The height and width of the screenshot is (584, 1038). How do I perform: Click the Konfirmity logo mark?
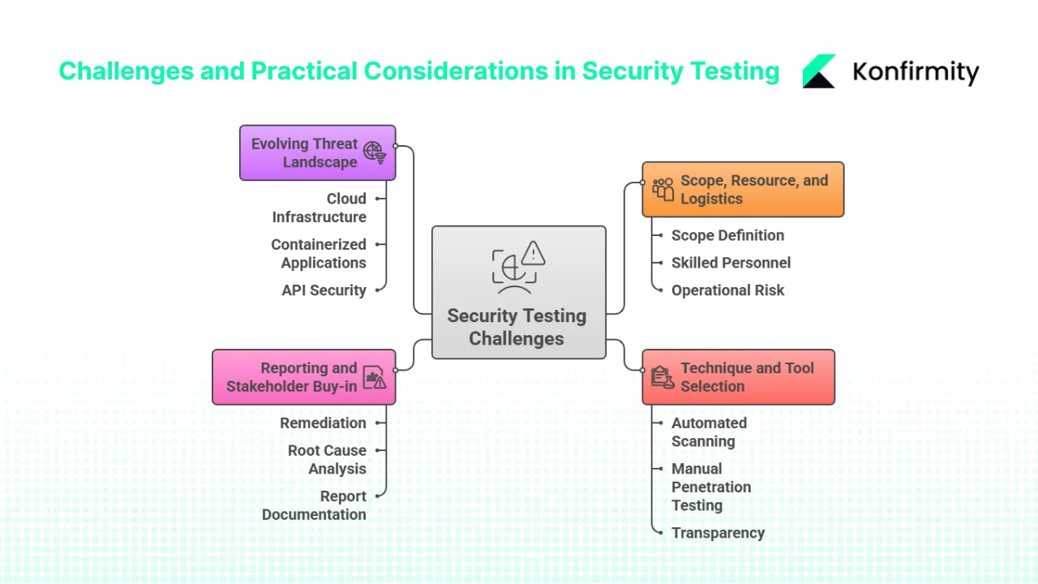click(x=819, y=71)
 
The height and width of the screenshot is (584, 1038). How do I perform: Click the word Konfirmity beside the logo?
click(x=916, y=72)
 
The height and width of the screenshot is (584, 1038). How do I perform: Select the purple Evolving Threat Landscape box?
click(x=317, y=152)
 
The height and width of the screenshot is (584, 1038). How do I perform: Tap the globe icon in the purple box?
click(x=374, y=152)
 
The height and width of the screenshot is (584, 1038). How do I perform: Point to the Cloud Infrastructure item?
click(x=320, y=208)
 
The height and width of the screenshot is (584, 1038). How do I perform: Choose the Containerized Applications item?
click(x=319, y=253)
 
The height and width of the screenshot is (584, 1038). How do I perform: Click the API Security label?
click(x=324, y=290)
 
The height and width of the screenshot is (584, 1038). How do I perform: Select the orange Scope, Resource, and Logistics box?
click(x=743, y=189)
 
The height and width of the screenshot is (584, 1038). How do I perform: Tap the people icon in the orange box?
click(x=663, y=189)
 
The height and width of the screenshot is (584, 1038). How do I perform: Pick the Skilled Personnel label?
click(x=731, y=263)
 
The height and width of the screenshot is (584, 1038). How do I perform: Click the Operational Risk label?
click(x=727, y=290)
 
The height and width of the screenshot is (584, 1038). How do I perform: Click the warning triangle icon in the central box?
click(x=533, y=253)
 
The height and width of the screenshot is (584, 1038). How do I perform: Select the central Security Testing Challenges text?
click(x=517, y=327)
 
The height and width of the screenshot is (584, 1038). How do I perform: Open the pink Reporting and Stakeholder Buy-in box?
click(x=303, y=377)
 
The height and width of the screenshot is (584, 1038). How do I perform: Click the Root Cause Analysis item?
click(x=327, y=459)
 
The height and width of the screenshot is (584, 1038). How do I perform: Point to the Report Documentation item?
click(x=315, y=505)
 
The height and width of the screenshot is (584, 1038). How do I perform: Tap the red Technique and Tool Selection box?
click(x=738, y=377)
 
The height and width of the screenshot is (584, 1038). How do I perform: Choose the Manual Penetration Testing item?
click(x=711, y=487)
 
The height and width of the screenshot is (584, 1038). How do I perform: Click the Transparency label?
click(x=718, y=533)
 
